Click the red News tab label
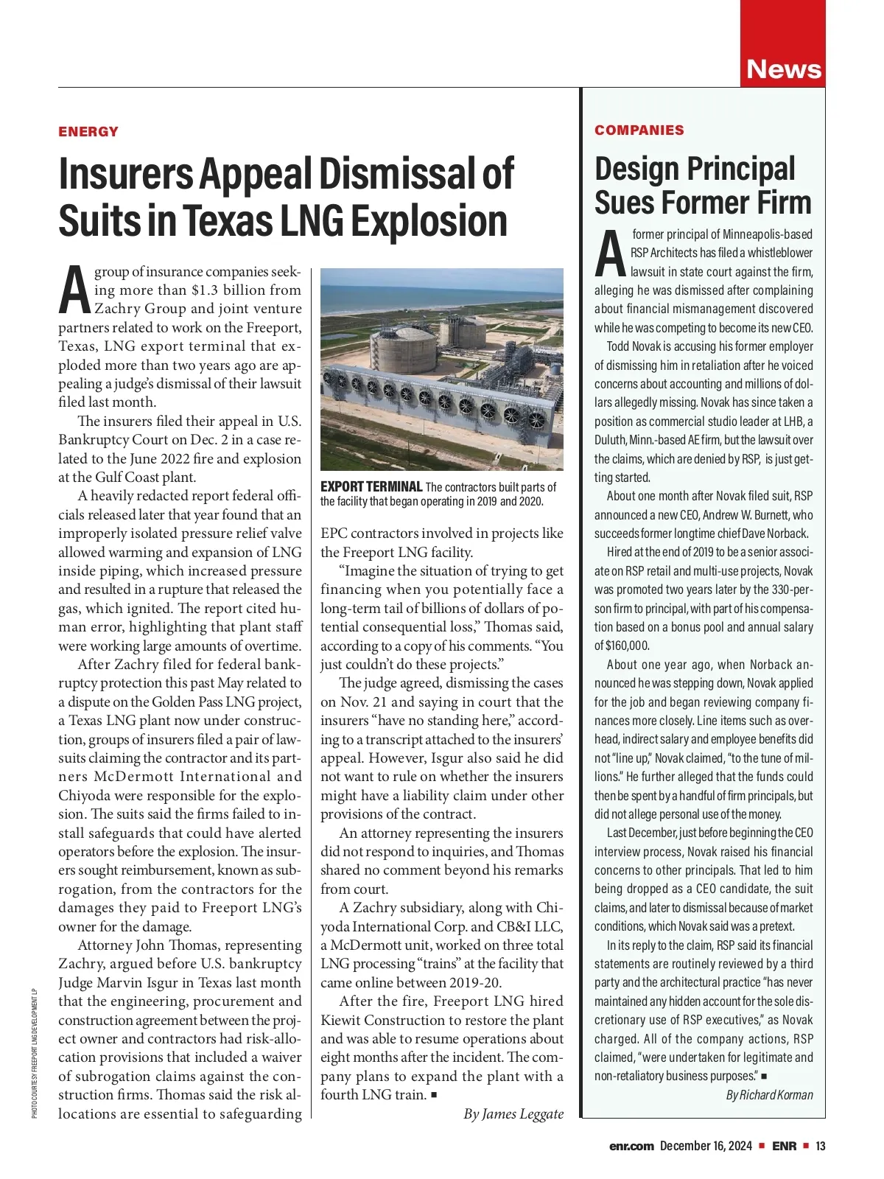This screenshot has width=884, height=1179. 783,69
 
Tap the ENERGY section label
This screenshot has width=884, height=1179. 88,132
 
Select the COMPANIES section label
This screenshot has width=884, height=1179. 639,130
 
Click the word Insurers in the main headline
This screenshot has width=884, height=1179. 124,174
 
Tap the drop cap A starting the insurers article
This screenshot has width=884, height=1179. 74,290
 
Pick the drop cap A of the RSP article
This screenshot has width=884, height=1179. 610,253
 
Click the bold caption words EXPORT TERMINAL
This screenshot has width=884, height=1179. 371,487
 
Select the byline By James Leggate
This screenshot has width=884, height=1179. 513,1113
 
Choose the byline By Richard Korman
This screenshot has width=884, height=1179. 769,1094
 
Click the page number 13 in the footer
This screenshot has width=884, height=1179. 820,1146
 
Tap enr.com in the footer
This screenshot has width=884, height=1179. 631,1146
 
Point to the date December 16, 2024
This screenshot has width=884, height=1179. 706,1146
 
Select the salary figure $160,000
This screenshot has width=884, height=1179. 622,646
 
